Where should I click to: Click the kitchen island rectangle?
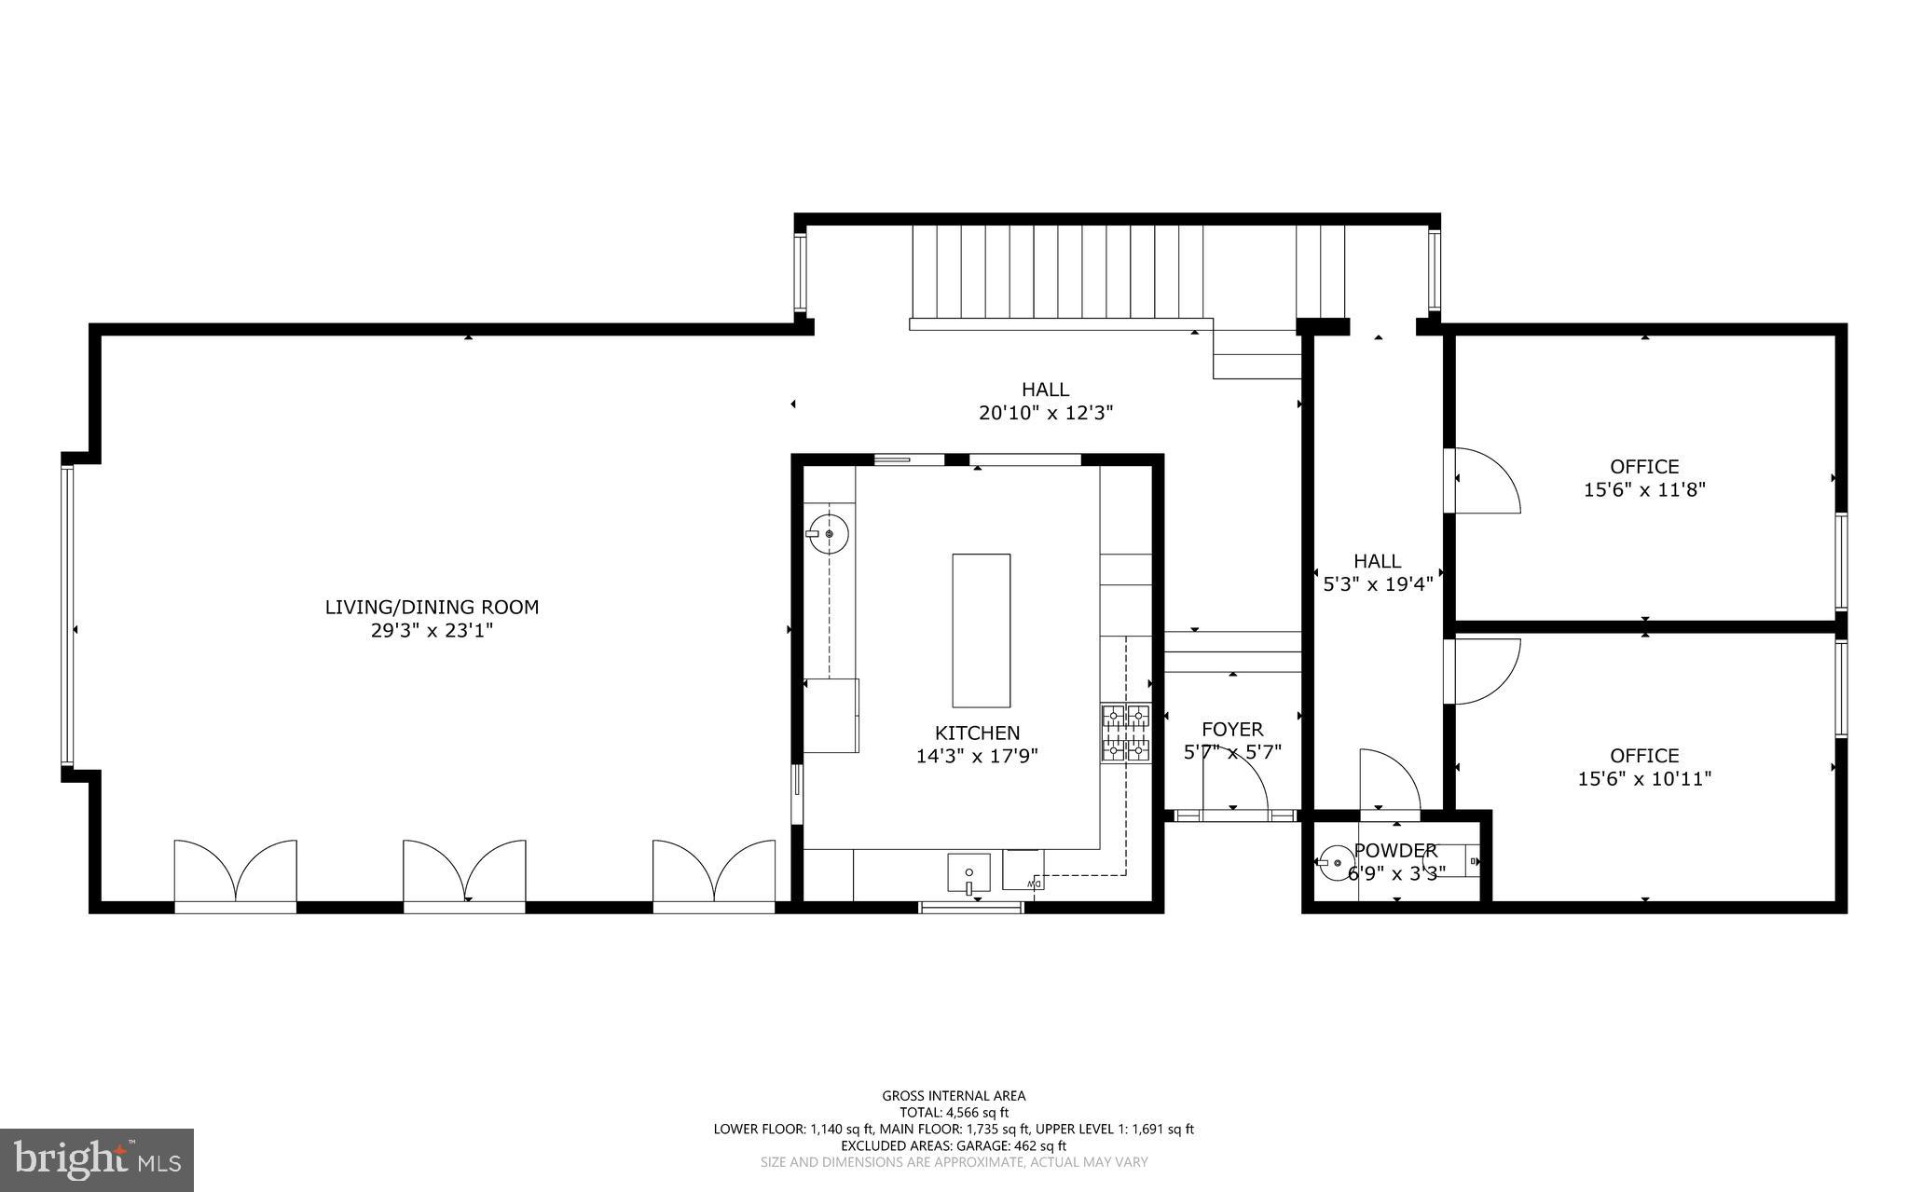pyautogui.click(x=981, y=630)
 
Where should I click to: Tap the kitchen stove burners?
pyautogui.click(x=1126, y=733)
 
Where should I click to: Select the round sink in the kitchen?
pyautogui.click(x=828, y=534)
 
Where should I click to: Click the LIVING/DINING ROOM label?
pyautogui.click(x=432, y=607)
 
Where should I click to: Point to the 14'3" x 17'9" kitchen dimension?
pyautogui.click(x=977, y=756)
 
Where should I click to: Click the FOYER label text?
pyautogui.click(x=1232, y=729)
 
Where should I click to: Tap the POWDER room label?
pyautogui.click(x=1395, y=850)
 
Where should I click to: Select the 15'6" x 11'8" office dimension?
pyautogui.click(x=1644, y=489)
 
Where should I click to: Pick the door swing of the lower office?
pyautogui.click(x=1484, y=669)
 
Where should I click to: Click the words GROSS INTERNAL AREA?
pyautogui.click(x=954, y=1096)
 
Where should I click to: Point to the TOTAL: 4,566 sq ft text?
pyautogui.click(x=954, y=1112)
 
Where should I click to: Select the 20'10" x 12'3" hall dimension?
pyautogui.click(x=1046, y=413)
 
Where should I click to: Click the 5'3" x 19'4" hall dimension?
pyautogui.click(x=1378, y=584)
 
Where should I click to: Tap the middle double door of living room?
pyautogui.click(x=464, y=871)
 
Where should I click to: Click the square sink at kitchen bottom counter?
pyautogui.click(x=968, y=873)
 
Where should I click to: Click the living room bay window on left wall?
pyautogui.click(x=67, y=615)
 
